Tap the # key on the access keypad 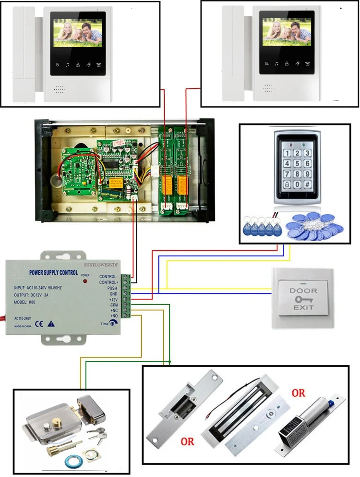pos(308,183)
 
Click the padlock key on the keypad pos(287,183)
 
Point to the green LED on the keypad pos(305,143)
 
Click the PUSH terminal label pos(112,288)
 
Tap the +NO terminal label pos(114,316)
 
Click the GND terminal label pos(113,294)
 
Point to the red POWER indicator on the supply pos(85,280)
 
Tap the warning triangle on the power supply pos(51,323)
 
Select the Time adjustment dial pos(112,324)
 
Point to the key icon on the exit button pos(303,299)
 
